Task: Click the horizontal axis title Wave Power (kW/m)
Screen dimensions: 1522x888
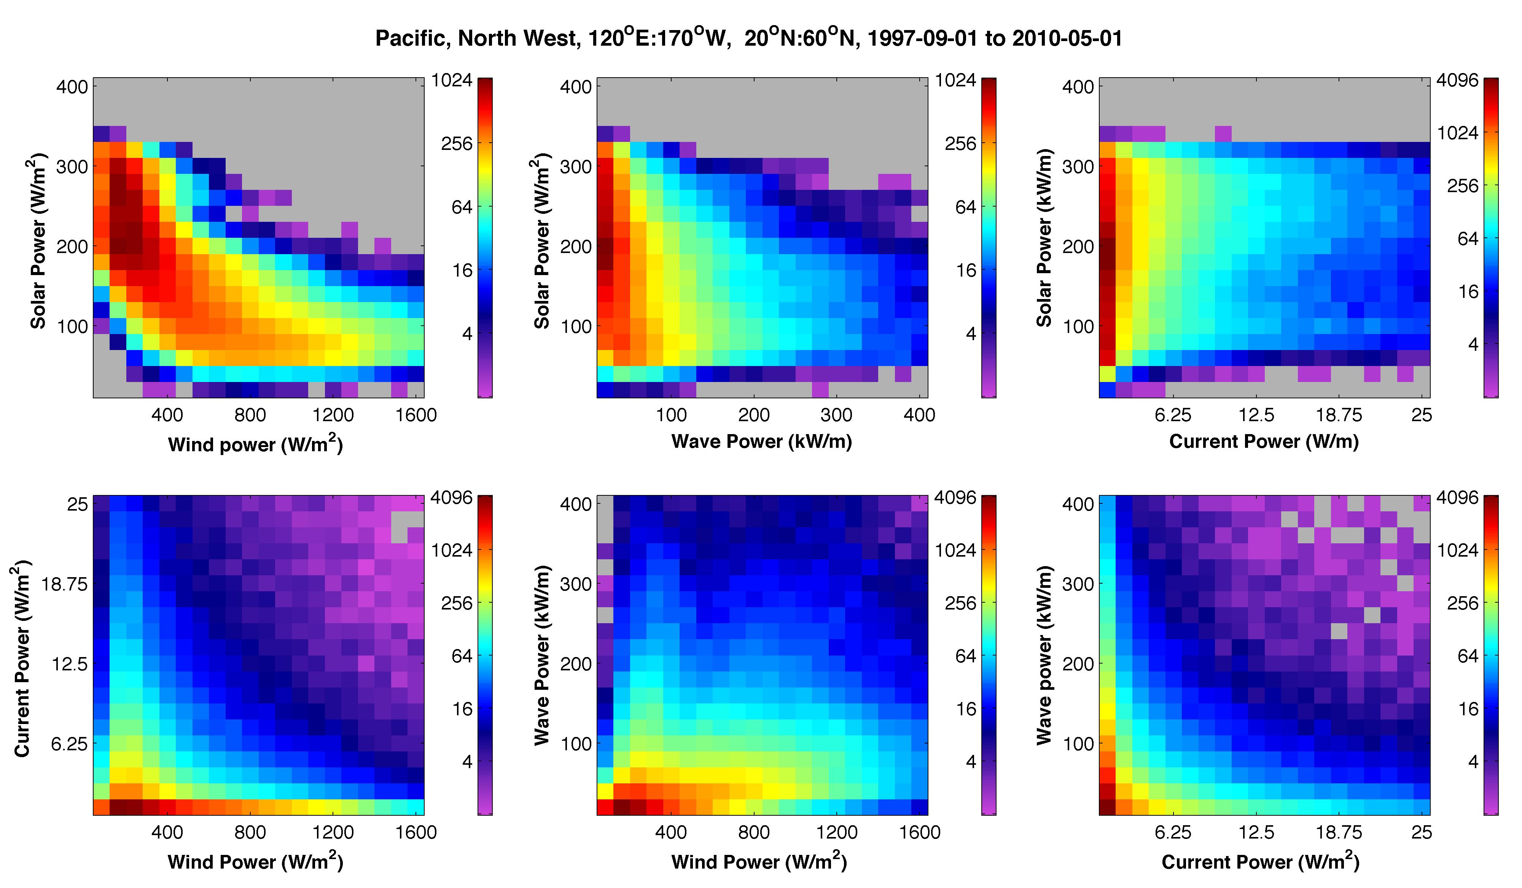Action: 762,442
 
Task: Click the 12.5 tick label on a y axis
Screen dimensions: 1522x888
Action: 70,664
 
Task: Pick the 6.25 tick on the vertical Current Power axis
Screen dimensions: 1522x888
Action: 70,744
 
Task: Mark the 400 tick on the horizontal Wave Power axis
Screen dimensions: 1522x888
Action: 919,415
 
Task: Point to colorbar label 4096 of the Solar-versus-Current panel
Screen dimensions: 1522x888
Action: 1457,80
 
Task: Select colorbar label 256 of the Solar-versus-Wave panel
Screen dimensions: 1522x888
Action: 960,144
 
